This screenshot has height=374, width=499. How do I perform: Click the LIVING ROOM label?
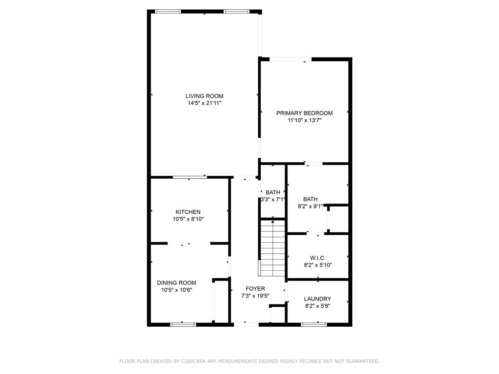pyautogui.click(x=204, y=96)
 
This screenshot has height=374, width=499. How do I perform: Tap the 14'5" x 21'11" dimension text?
pyautogui.click(x=204, y=103)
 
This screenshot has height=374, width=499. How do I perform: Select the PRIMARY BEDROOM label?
pyautogui.click(x=304, y=113)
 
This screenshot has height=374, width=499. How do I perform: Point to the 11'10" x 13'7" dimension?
pyautogui.click(x=304, y=121)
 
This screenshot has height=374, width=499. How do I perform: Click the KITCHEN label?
pyautogui.click(x=188, y=212)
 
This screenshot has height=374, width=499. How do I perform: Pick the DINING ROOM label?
pyautogui.click(x=176, y=283)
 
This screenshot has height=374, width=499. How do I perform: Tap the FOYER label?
pyautogui.click(x=255, y=289)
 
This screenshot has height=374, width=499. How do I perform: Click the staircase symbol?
pyautogui.click(x=273, y=248)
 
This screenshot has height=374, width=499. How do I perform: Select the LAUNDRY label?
pyautogui.click(x=317, y=299)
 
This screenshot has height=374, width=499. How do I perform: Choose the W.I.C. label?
pyautogui.click(x=318, y=258)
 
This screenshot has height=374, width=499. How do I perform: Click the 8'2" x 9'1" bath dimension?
pyautogui.click(x=310, y=206)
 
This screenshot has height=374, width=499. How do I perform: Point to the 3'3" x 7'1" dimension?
pyautogui.click(x=273, y=200)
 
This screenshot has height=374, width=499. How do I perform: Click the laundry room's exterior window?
pyautogui.click(x=314, y=325)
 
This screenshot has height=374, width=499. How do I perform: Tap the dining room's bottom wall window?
pyautogui.click(x=183, y=325)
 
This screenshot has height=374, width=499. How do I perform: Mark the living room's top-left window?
pyautogui.click(x=168, y=12)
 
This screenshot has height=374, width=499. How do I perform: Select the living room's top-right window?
pyautogui.click(x=236, y=12)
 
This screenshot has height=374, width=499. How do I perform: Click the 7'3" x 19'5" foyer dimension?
pyautogui.click(x=255, y=296)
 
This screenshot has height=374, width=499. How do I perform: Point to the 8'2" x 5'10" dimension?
pyautogui.click(x=318, y=265)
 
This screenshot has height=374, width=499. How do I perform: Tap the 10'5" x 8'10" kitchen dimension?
pyautogui.click(x=188, y=219)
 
